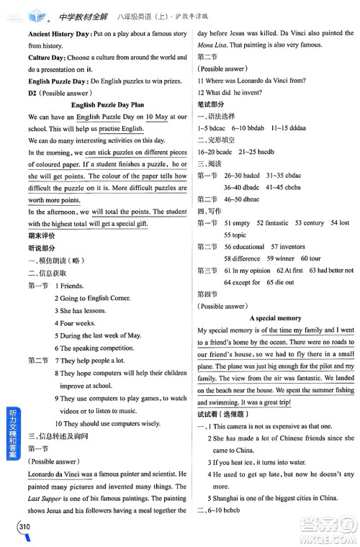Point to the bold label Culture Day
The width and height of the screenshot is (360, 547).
pos(46,58)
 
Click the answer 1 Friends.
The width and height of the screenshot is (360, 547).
pos(70,286)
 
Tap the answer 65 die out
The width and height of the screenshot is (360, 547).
pos(279,281)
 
